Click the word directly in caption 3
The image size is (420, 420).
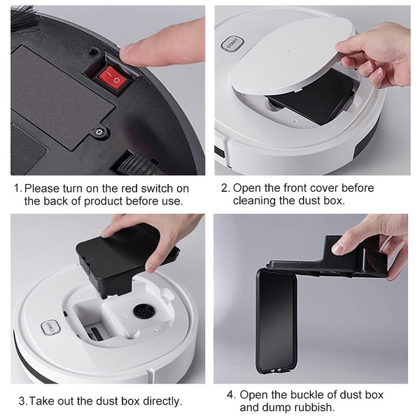[160, 401]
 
